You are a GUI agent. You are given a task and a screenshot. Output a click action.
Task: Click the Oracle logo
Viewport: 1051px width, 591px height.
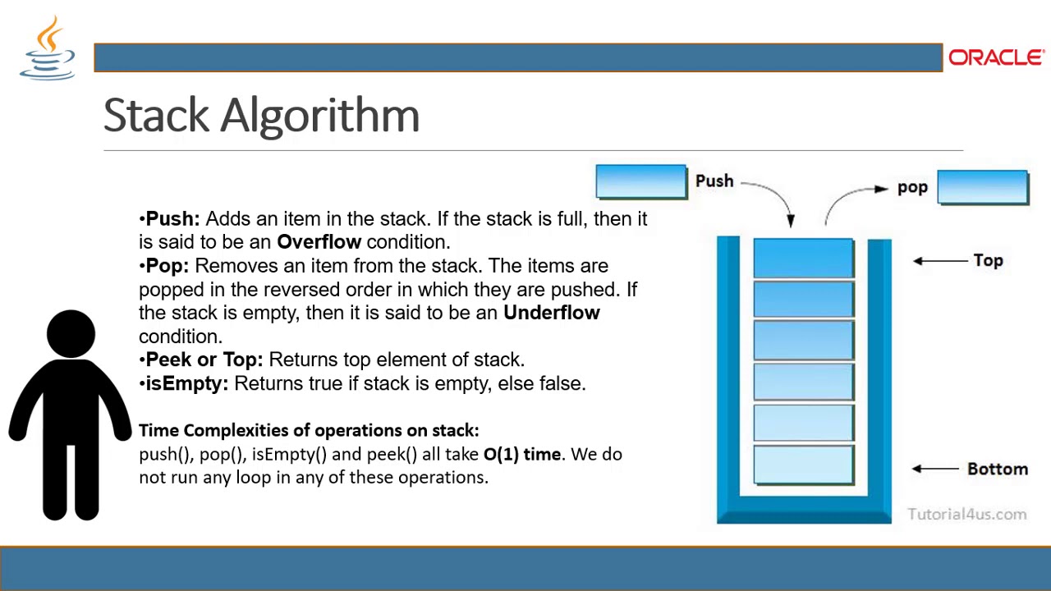995,57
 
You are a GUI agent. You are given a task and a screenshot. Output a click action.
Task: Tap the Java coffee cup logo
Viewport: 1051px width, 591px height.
48,49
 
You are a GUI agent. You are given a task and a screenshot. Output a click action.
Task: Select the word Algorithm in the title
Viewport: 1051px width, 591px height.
320,115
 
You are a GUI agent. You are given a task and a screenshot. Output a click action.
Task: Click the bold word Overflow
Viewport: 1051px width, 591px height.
319,242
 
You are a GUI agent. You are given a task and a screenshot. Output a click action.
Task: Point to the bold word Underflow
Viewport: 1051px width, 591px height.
551,313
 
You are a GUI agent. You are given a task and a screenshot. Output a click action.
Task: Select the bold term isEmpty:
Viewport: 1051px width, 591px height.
186,383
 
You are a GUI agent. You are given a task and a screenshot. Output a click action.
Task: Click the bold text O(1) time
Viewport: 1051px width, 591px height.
522,454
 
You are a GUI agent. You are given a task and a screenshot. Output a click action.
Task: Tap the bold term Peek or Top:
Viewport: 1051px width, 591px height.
204,360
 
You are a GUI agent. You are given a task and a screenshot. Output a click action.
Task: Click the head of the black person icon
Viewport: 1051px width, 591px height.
71,334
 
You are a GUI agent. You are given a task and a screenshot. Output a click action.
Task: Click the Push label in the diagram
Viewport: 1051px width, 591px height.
714,181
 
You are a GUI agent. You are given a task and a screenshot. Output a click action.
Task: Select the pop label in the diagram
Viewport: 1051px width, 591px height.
912,188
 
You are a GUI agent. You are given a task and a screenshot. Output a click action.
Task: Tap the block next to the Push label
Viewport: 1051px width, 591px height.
640,181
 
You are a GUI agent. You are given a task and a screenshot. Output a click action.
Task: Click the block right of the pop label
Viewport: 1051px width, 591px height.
982,186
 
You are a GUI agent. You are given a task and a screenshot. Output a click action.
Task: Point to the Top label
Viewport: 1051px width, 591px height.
988,260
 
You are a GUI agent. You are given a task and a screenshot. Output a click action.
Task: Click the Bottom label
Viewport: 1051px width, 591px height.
997,469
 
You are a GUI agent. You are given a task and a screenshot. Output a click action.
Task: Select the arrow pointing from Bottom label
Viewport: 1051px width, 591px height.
935,469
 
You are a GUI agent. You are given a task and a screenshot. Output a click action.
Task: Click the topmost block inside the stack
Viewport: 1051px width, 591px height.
803,258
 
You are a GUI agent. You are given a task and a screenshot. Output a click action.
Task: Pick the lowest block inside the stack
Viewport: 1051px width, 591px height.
803,464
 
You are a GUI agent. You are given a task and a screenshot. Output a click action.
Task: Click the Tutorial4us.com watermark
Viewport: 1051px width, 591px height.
966,514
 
